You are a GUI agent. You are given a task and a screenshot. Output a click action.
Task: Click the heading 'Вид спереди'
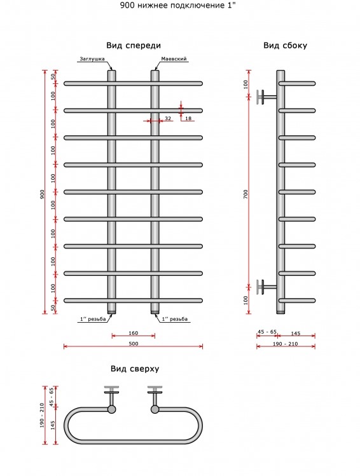coord(134,46)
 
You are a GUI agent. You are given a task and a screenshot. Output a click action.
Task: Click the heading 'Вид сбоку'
coord(286,46)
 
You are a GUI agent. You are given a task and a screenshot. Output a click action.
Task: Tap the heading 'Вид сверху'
coord(135,369)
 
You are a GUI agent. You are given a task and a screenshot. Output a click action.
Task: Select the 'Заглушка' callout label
coord(92,59)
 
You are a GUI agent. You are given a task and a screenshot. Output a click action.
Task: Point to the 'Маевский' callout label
coord(174,59)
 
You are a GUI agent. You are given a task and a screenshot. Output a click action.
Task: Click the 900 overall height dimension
coord(42,194)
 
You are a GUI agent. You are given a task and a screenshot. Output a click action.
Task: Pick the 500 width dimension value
coord(134,344)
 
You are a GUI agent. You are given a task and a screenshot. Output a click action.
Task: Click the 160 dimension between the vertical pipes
coord(134,333)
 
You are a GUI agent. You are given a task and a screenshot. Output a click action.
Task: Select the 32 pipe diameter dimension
coord(168,118)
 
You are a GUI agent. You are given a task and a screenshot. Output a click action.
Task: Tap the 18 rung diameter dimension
coord(188,118)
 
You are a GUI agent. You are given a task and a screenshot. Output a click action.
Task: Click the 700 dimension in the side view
coord(246,194)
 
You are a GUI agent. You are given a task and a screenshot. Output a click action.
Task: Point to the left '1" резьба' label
coord(93,319)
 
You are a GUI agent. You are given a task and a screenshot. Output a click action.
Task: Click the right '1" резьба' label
coord(175,319)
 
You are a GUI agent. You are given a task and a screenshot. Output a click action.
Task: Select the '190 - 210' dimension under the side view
coord(286,344)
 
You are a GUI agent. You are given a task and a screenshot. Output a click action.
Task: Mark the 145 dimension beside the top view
coord(53,425)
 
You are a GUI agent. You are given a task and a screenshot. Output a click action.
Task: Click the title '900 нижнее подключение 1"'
coord(178,6)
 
